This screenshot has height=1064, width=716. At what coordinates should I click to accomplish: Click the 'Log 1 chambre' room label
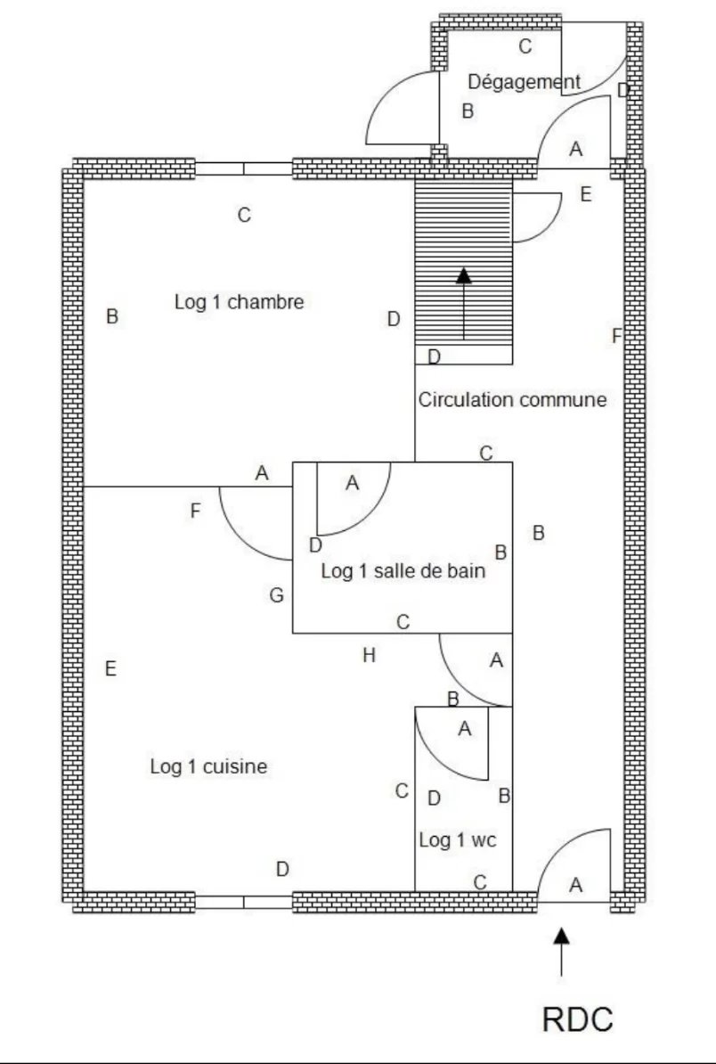point(239,302)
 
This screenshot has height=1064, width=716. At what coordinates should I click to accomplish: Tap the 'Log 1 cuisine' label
point(208,766)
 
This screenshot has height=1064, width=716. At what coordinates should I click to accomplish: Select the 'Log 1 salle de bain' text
point(403,572)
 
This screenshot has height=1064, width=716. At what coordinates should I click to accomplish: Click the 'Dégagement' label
point(524,82)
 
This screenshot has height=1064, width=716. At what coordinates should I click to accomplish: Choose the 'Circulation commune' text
point(512,400)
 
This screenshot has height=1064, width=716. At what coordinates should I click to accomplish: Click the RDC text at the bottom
point(578,1020)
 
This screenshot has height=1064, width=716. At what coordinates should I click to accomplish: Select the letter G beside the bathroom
point(277,595)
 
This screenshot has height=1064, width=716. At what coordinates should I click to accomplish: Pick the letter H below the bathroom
point(369,656)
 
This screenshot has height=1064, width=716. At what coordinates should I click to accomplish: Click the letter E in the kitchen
point(110,668)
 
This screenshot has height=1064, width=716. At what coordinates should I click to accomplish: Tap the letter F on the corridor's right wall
point(616,336)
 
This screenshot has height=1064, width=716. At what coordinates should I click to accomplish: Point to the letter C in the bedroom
point(244,215)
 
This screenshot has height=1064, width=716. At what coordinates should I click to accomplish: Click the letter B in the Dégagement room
point(467,111)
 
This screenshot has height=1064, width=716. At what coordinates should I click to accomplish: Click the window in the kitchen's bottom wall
point(243,902)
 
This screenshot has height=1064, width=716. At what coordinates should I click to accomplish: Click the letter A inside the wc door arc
point(464,729)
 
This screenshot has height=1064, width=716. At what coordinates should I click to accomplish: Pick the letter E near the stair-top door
point(585,194)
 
